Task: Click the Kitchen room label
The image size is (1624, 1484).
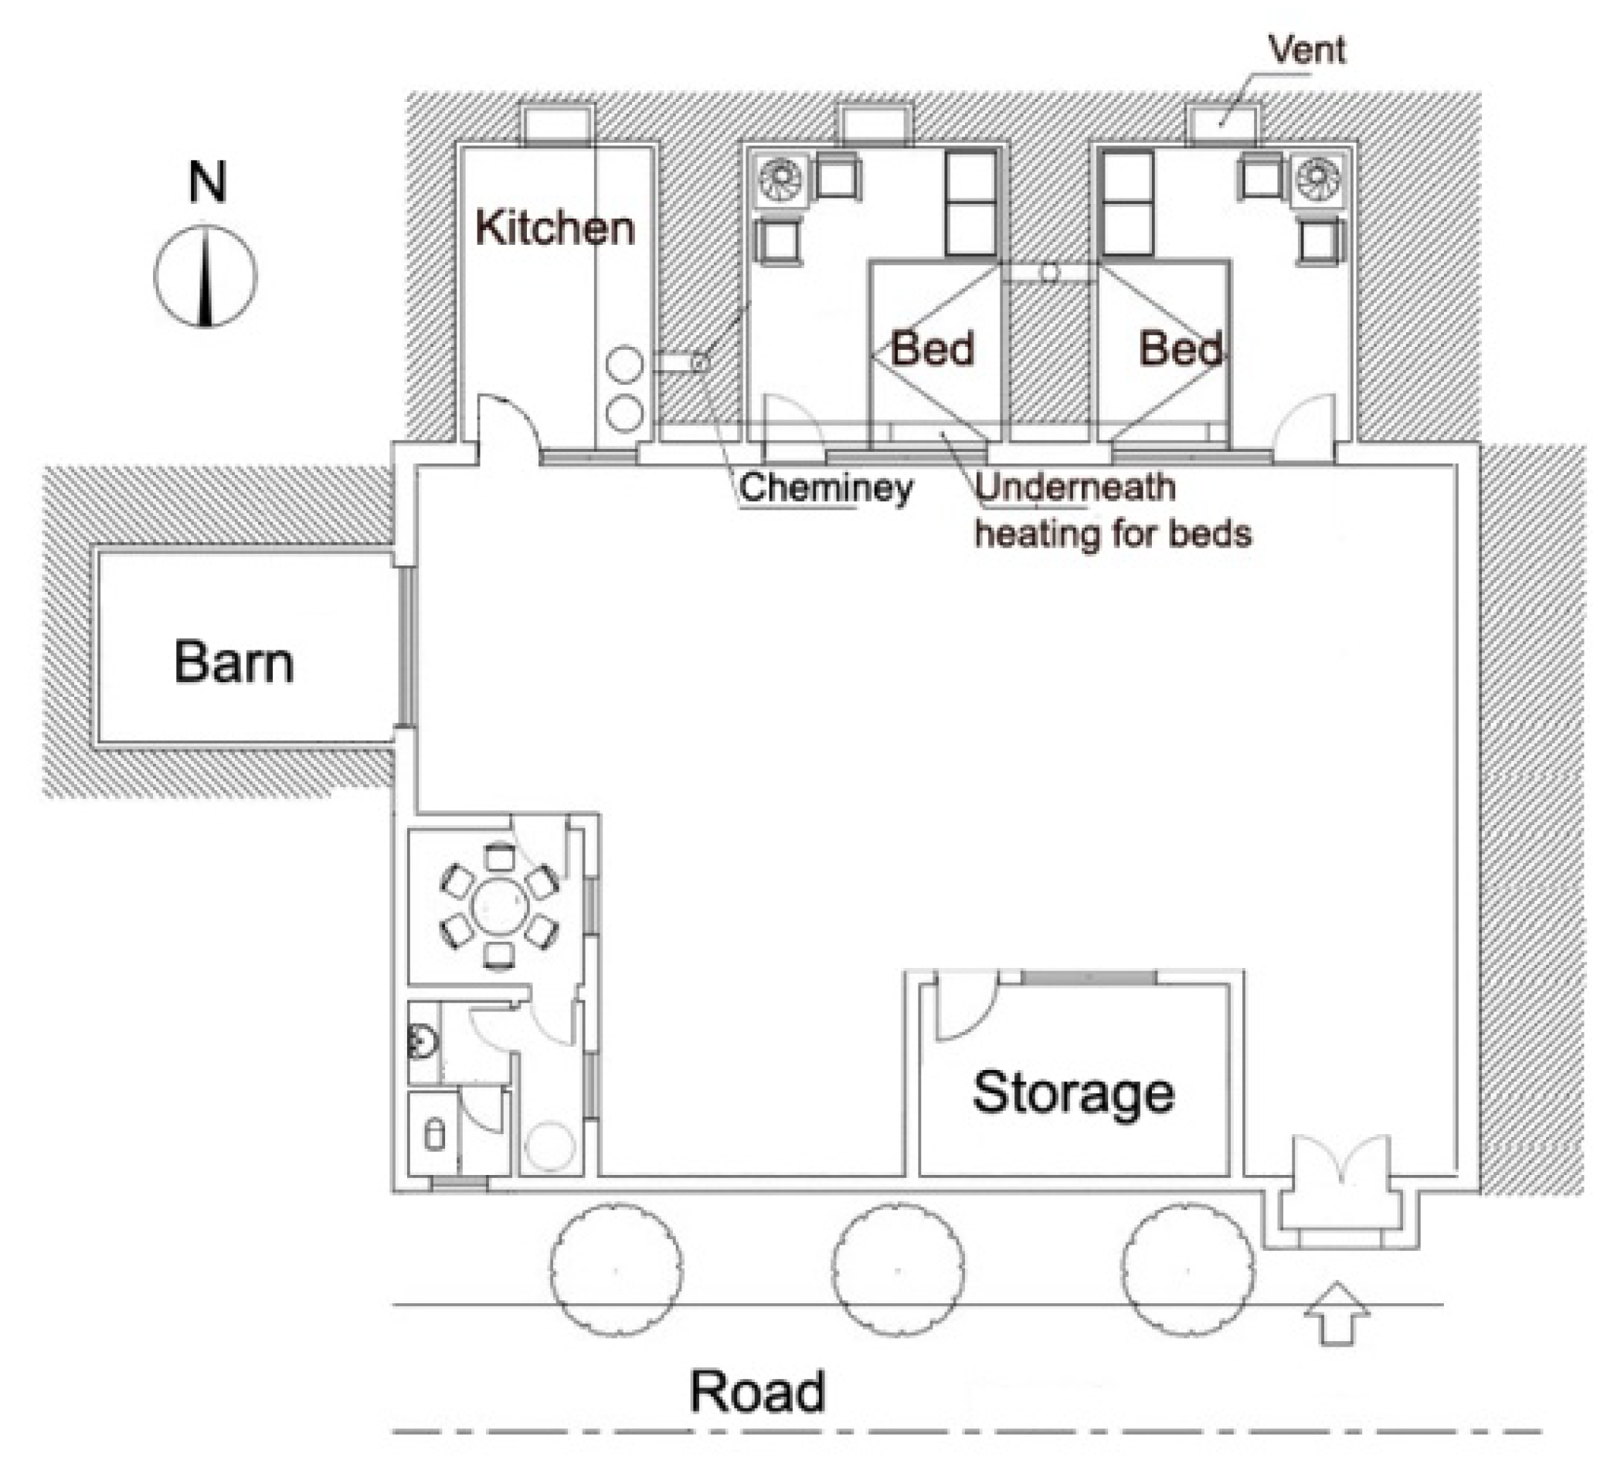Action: pos(554,228)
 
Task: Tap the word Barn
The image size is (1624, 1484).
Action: pos(233,663)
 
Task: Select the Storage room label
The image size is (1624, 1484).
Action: pos(1073,1093)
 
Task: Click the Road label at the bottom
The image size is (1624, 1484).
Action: pos(758,1391)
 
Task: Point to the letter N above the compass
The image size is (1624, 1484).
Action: pos(207,183)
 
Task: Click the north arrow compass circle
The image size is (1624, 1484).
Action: pos(206,276)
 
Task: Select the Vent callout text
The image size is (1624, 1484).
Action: pos(1306,50)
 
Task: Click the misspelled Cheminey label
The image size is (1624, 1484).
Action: pos(826,488)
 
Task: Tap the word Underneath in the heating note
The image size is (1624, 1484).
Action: pos(1075,487)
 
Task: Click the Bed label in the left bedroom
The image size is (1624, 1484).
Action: pos(932,349)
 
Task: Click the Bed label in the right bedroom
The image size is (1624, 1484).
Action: pos(1180,349)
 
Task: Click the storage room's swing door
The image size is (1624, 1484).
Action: pos(963,1008)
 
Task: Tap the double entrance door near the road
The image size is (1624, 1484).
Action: pos(1341,1164)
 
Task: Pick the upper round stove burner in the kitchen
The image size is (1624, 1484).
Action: pos(624,364)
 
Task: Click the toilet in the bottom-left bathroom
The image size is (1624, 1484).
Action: pos(434,1136)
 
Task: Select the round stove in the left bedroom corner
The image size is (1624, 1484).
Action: pos(780,178)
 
